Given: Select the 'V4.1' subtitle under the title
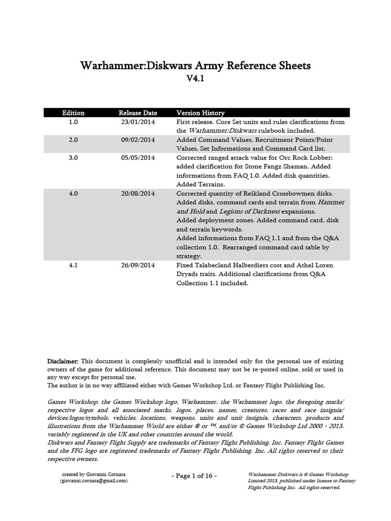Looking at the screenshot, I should point(195,79).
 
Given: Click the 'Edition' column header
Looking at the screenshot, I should point(73,113).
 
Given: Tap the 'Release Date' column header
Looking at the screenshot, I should point(138,113).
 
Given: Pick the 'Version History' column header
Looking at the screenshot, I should point(200,113).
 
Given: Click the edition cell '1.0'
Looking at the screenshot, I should point(73,122).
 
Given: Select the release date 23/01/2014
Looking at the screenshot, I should point(138,122).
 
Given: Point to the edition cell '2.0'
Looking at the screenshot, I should point(73,140).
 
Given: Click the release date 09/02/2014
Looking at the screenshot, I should point(138,140).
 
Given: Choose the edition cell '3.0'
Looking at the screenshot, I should point(73,158).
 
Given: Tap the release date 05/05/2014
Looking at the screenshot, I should point(138,158).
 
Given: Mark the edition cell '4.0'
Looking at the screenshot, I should point(73,193).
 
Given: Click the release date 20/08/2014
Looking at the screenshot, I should point(138,193).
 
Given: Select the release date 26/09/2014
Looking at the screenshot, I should point(138,265).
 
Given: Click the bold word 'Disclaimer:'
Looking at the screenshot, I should point(63,361).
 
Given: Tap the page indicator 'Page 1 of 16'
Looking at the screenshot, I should point(195,476).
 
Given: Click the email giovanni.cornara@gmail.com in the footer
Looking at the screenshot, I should point(93,480).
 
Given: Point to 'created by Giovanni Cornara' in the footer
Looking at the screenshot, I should point(93,474).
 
